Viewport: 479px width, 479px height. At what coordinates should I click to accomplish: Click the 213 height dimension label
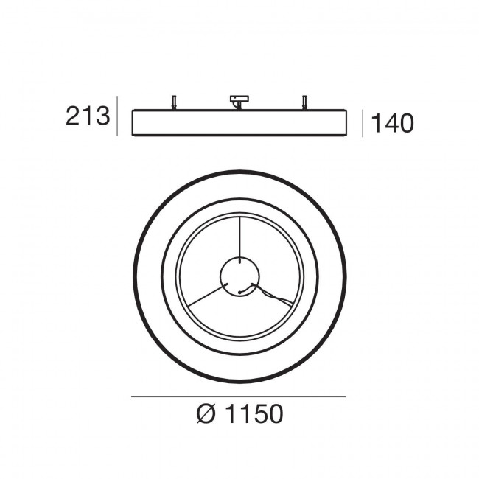point(88,117)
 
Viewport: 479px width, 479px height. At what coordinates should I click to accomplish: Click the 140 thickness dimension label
point(392,123)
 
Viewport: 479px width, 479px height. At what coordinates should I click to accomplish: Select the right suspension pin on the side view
point(303,103)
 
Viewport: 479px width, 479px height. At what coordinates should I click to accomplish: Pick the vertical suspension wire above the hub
point(239,236)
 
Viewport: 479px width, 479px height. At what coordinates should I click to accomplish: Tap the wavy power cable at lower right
point(276,298)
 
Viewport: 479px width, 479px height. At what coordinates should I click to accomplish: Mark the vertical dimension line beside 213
point(118,116)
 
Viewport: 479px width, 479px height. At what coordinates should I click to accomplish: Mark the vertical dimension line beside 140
point(363,124)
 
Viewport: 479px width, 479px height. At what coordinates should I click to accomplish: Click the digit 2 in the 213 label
point(74,117)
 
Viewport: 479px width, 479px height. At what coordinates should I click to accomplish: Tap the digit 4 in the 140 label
point(392,123)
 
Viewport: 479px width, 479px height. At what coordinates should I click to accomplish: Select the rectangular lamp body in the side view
point(238,122)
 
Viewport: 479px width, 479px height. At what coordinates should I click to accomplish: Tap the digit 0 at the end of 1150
point(273,415)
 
